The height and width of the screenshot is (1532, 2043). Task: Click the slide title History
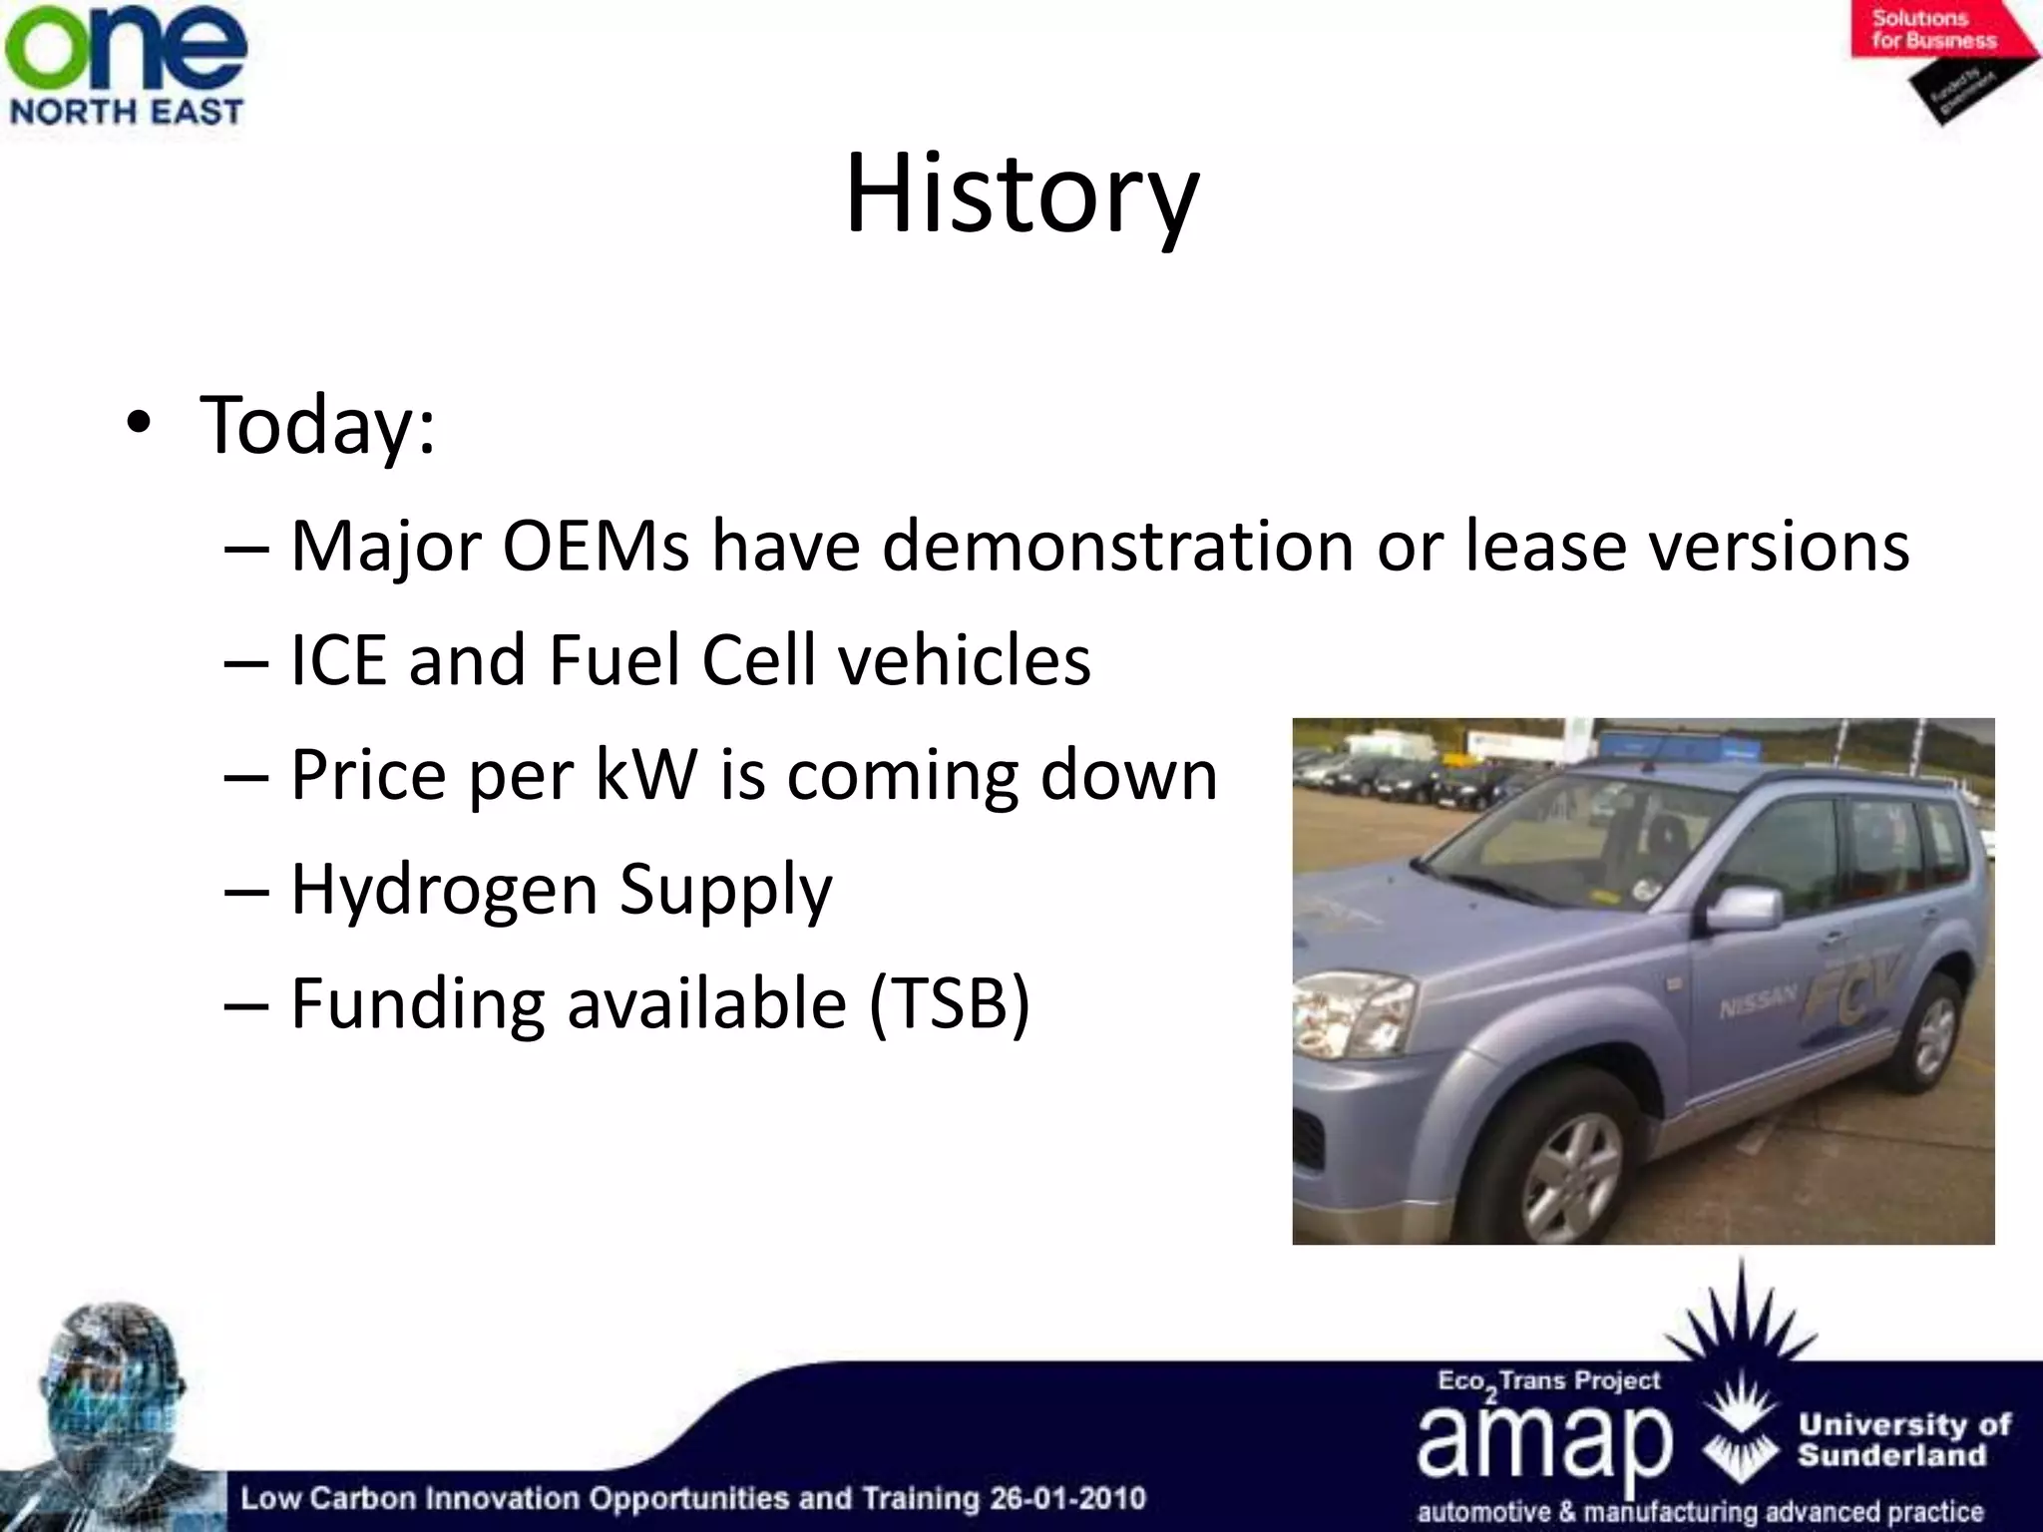tap(1021, 194)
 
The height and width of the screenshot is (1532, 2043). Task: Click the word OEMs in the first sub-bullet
tap(596, 547)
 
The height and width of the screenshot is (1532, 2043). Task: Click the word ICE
tap(337, 660)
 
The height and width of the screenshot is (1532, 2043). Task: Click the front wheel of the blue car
tap(1573, 1162)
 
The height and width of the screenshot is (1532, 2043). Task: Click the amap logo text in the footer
tap(1543, 1439)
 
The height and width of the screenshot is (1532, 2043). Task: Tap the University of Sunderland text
tap(1903, 1439)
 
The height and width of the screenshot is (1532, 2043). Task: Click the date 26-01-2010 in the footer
tap(1067, 1498)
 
